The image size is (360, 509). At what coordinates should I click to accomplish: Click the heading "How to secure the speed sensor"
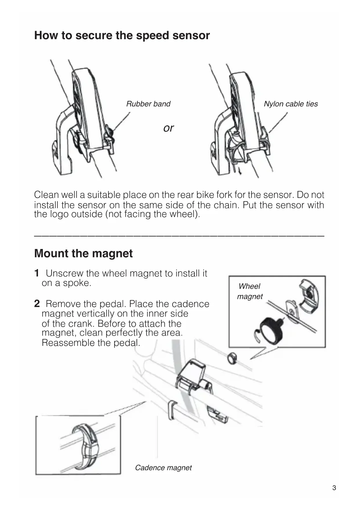tap(122, 35)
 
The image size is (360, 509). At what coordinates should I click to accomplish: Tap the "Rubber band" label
tap(148, 104)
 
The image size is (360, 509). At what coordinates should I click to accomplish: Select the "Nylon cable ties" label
tap(291, 104)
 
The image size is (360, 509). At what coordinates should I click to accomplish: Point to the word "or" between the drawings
tap(169, 128)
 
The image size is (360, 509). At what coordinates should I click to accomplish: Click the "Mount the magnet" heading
tap(84, 253)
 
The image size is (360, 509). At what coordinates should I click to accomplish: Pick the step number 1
tap(37, 273)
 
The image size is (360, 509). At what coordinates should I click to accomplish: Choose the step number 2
tap(37, 304)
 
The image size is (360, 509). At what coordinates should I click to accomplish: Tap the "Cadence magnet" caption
tap(163, 468)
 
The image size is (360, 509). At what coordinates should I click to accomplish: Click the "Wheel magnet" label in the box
tap(249, 291)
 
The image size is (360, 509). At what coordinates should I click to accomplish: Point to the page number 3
tap(334, 488)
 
